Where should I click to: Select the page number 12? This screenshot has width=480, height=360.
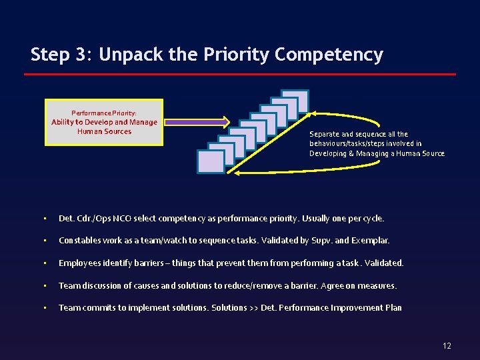(x=447, y=345)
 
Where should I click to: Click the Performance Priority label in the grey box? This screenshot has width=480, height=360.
(x=104, y=113)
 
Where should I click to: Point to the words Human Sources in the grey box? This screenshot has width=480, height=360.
(x=105, y=131)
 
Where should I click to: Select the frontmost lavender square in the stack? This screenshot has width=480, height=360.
(x=211, y=162)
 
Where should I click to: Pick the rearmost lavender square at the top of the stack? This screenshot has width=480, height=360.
(x=295, y=101)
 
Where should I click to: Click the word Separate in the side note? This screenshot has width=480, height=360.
(x=322, y=134)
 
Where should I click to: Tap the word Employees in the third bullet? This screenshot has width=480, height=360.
(x=79, y=263)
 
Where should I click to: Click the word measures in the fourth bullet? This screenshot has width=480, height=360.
(x=379, y=285)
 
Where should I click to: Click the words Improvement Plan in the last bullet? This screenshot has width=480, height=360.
(x=369, y=308)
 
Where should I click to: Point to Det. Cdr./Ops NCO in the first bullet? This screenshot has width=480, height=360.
(x=94, y=218)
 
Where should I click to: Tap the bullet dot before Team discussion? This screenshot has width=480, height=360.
(x=44, y=285)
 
